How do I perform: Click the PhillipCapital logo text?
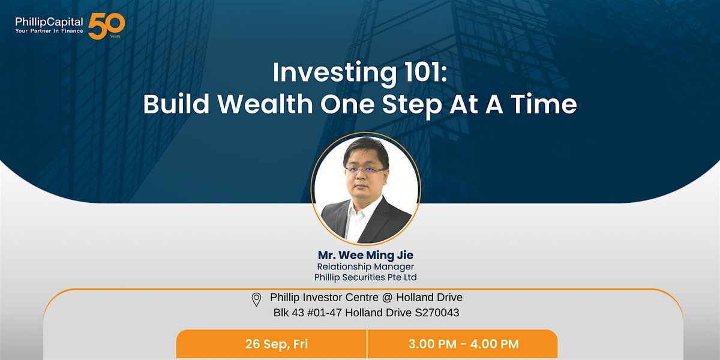tap(49, 22)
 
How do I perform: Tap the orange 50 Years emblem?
tap(106, 26)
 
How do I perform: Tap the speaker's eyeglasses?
tap(365, 170)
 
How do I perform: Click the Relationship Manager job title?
tap(365, 266)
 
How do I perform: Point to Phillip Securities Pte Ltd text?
tap(365, 277)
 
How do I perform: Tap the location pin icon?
tap(256, 299)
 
